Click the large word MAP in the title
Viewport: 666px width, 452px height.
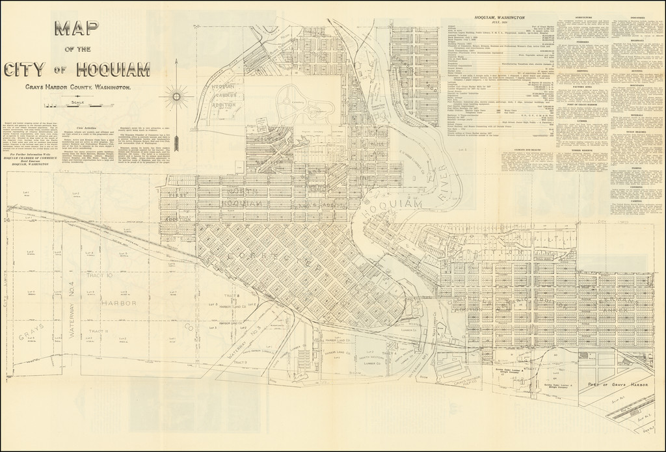[77, 31]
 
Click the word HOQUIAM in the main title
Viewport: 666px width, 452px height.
[113, 69]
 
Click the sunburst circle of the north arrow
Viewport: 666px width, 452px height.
[176, 97]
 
